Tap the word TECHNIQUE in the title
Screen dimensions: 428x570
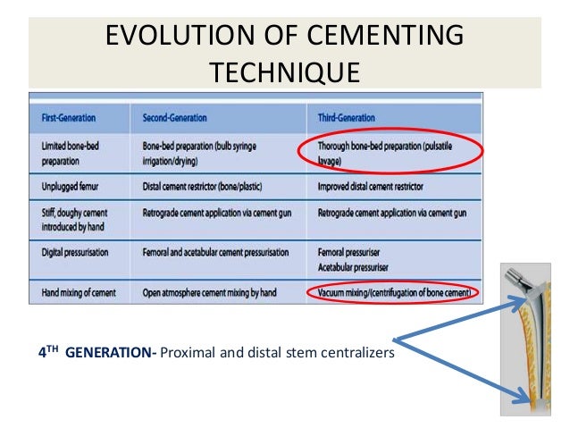pos(285,71)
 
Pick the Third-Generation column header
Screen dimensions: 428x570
pos(347,118)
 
